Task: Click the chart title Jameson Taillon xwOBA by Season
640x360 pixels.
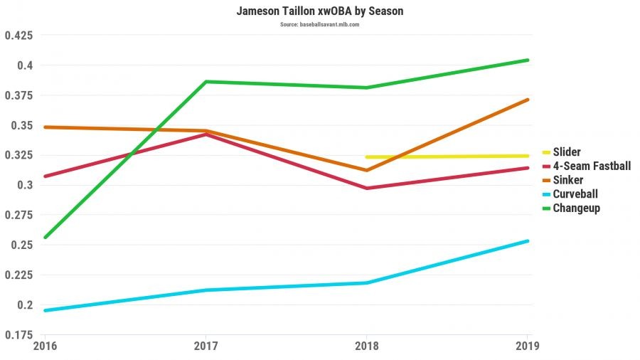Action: pos(319,12)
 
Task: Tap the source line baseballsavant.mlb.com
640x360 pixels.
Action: pos(319,24)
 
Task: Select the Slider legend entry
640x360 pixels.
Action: pos(566,152)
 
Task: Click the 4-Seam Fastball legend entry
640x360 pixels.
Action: pos(591,166)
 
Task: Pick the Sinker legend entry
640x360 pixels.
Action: pos(567,180)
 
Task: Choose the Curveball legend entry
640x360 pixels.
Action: pos(575,194)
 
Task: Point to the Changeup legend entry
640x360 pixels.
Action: pos(576,208)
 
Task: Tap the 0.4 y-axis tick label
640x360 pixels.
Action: pos(24,65)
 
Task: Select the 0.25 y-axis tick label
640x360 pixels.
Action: pos(21,245)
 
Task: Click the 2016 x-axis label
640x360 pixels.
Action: pos(45,346)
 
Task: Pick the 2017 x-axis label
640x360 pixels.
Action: pos(206,346)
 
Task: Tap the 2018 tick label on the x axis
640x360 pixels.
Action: pos(366,346)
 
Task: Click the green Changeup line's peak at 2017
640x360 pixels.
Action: pos(206,82)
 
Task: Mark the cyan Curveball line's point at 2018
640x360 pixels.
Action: pos(366,283)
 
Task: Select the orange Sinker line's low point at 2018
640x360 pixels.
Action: pos(366,170)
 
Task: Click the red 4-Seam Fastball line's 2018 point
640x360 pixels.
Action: pos(366,188)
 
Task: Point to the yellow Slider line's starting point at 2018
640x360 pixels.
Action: pos(366,157)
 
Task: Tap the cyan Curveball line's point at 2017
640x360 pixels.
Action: pos(206,290)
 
